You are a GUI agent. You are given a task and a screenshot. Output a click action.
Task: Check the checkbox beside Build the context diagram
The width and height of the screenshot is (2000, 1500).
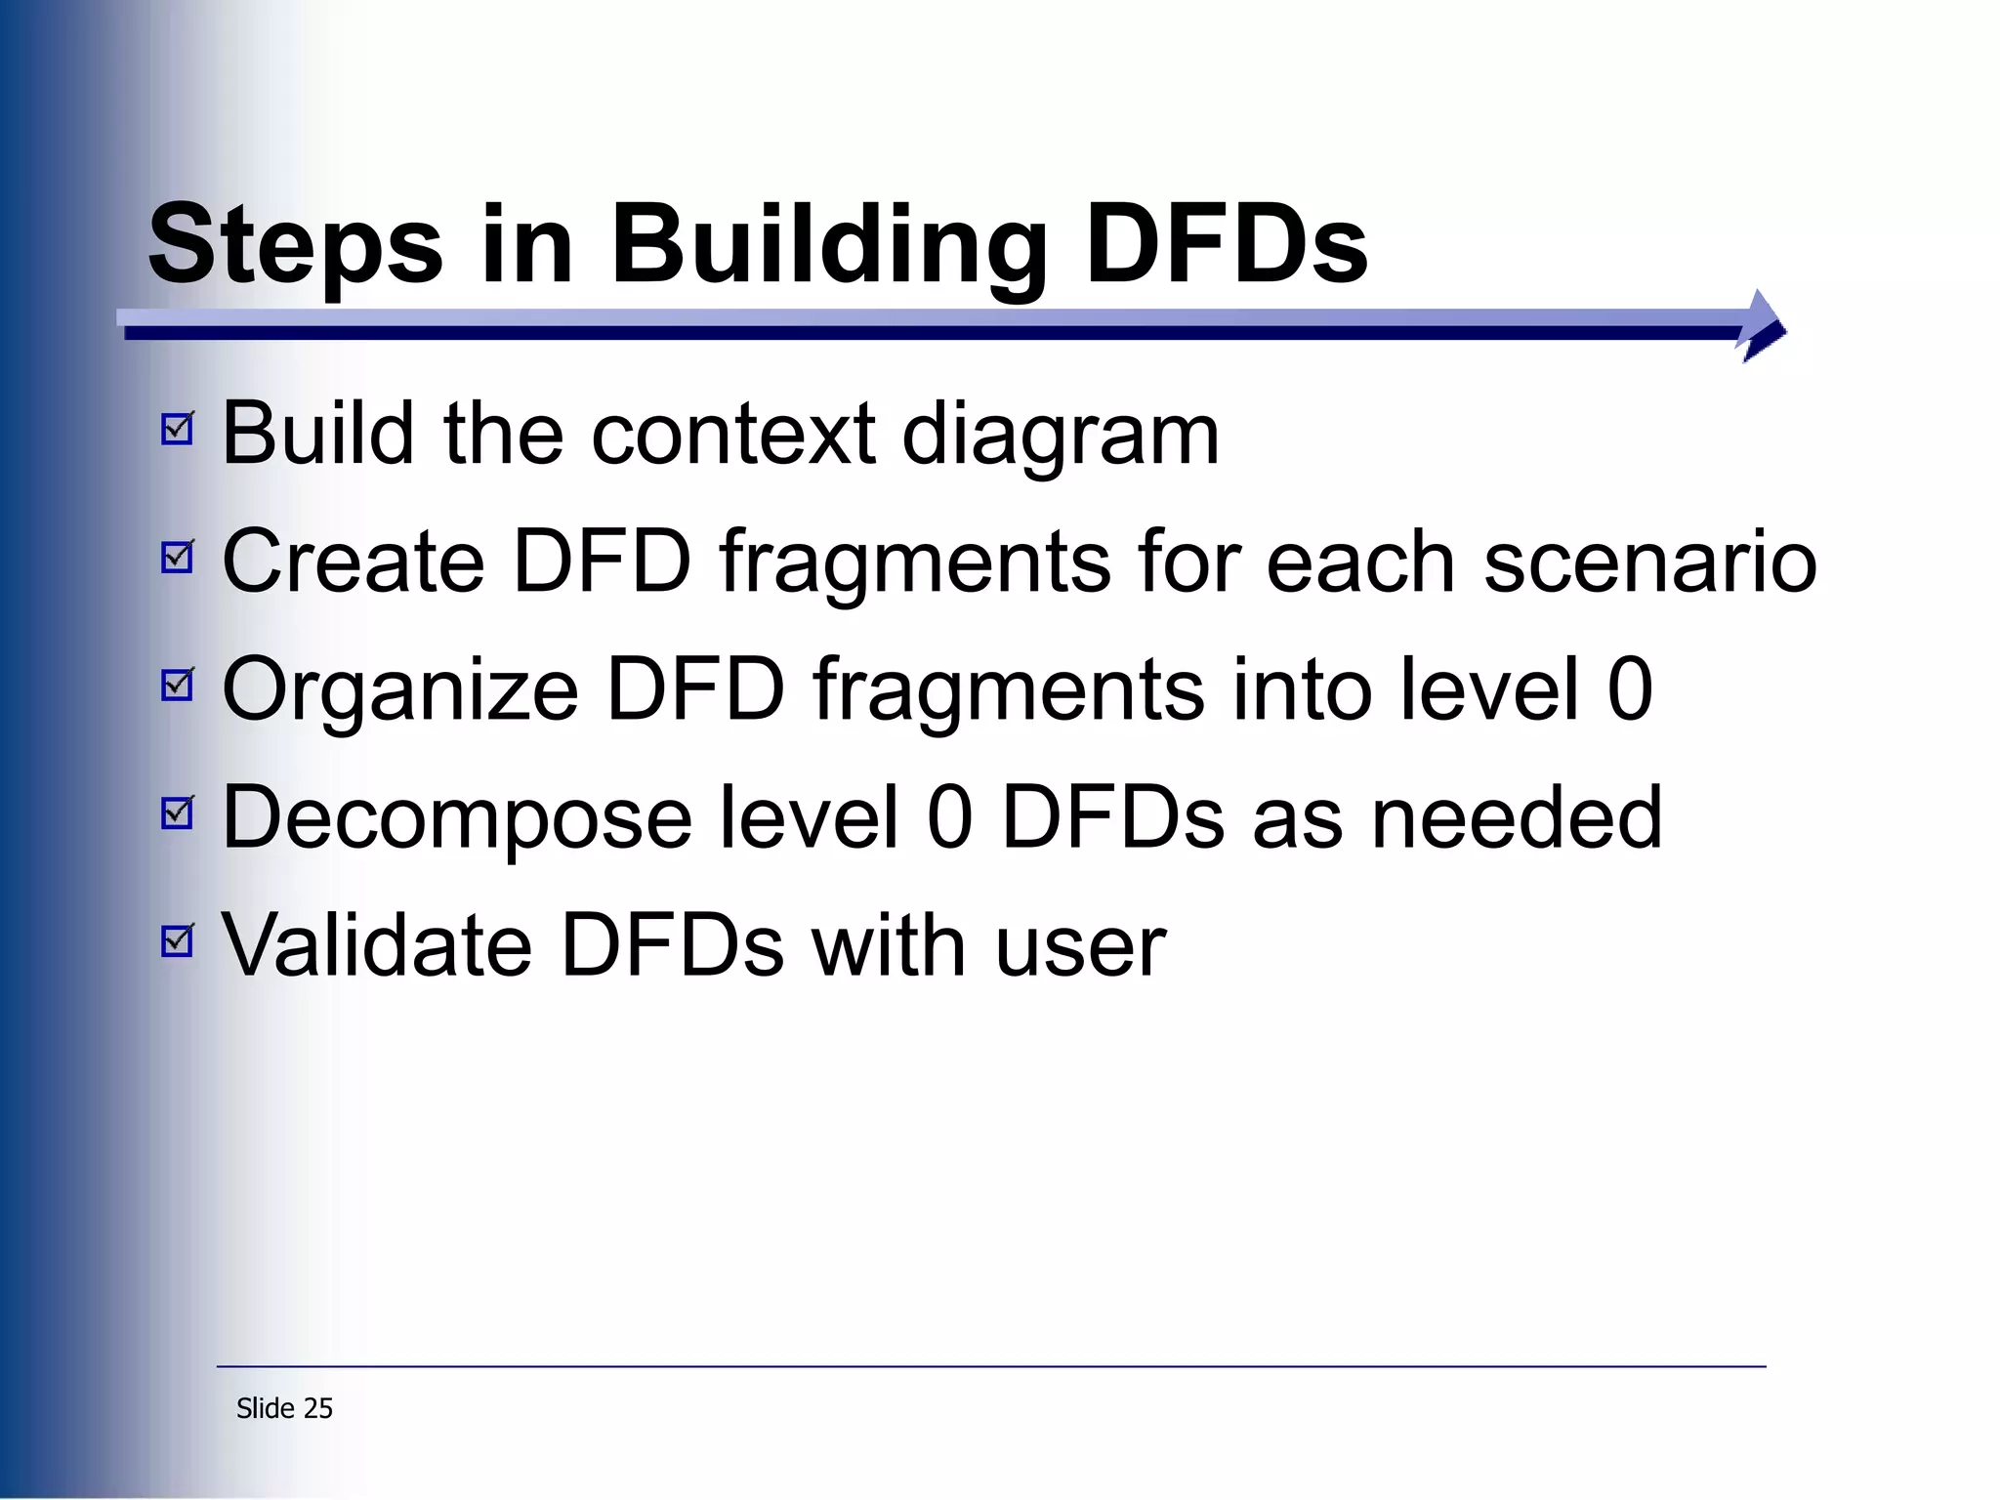coord(178,429)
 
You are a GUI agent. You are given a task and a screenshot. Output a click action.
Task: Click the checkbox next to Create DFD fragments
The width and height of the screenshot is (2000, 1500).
coord(178,557)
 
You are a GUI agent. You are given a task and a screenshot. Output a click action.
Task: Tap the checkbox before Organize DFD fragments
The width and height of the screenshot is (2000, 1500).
coord(178,685)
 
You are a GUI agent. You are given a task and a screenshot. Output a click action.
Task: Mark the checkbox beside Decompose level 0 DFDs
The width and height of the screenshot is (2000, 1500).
coord(178,812)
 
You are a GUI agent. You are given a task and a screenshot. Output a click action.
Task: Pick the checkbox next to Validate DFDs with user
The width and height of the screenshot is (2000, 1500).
coord(178,940)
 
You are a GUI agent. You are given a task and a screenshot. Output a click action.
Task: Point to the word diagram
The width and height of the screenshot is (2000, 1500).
coord(1061,435)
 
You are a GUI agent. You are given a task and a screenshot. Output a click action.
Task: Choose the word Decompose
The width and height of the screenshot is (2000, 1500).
coord(457,818)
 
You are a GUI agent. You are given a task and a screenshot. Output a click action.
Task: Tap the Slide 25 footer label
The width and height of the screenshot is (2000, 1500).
coord(284,1408)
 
